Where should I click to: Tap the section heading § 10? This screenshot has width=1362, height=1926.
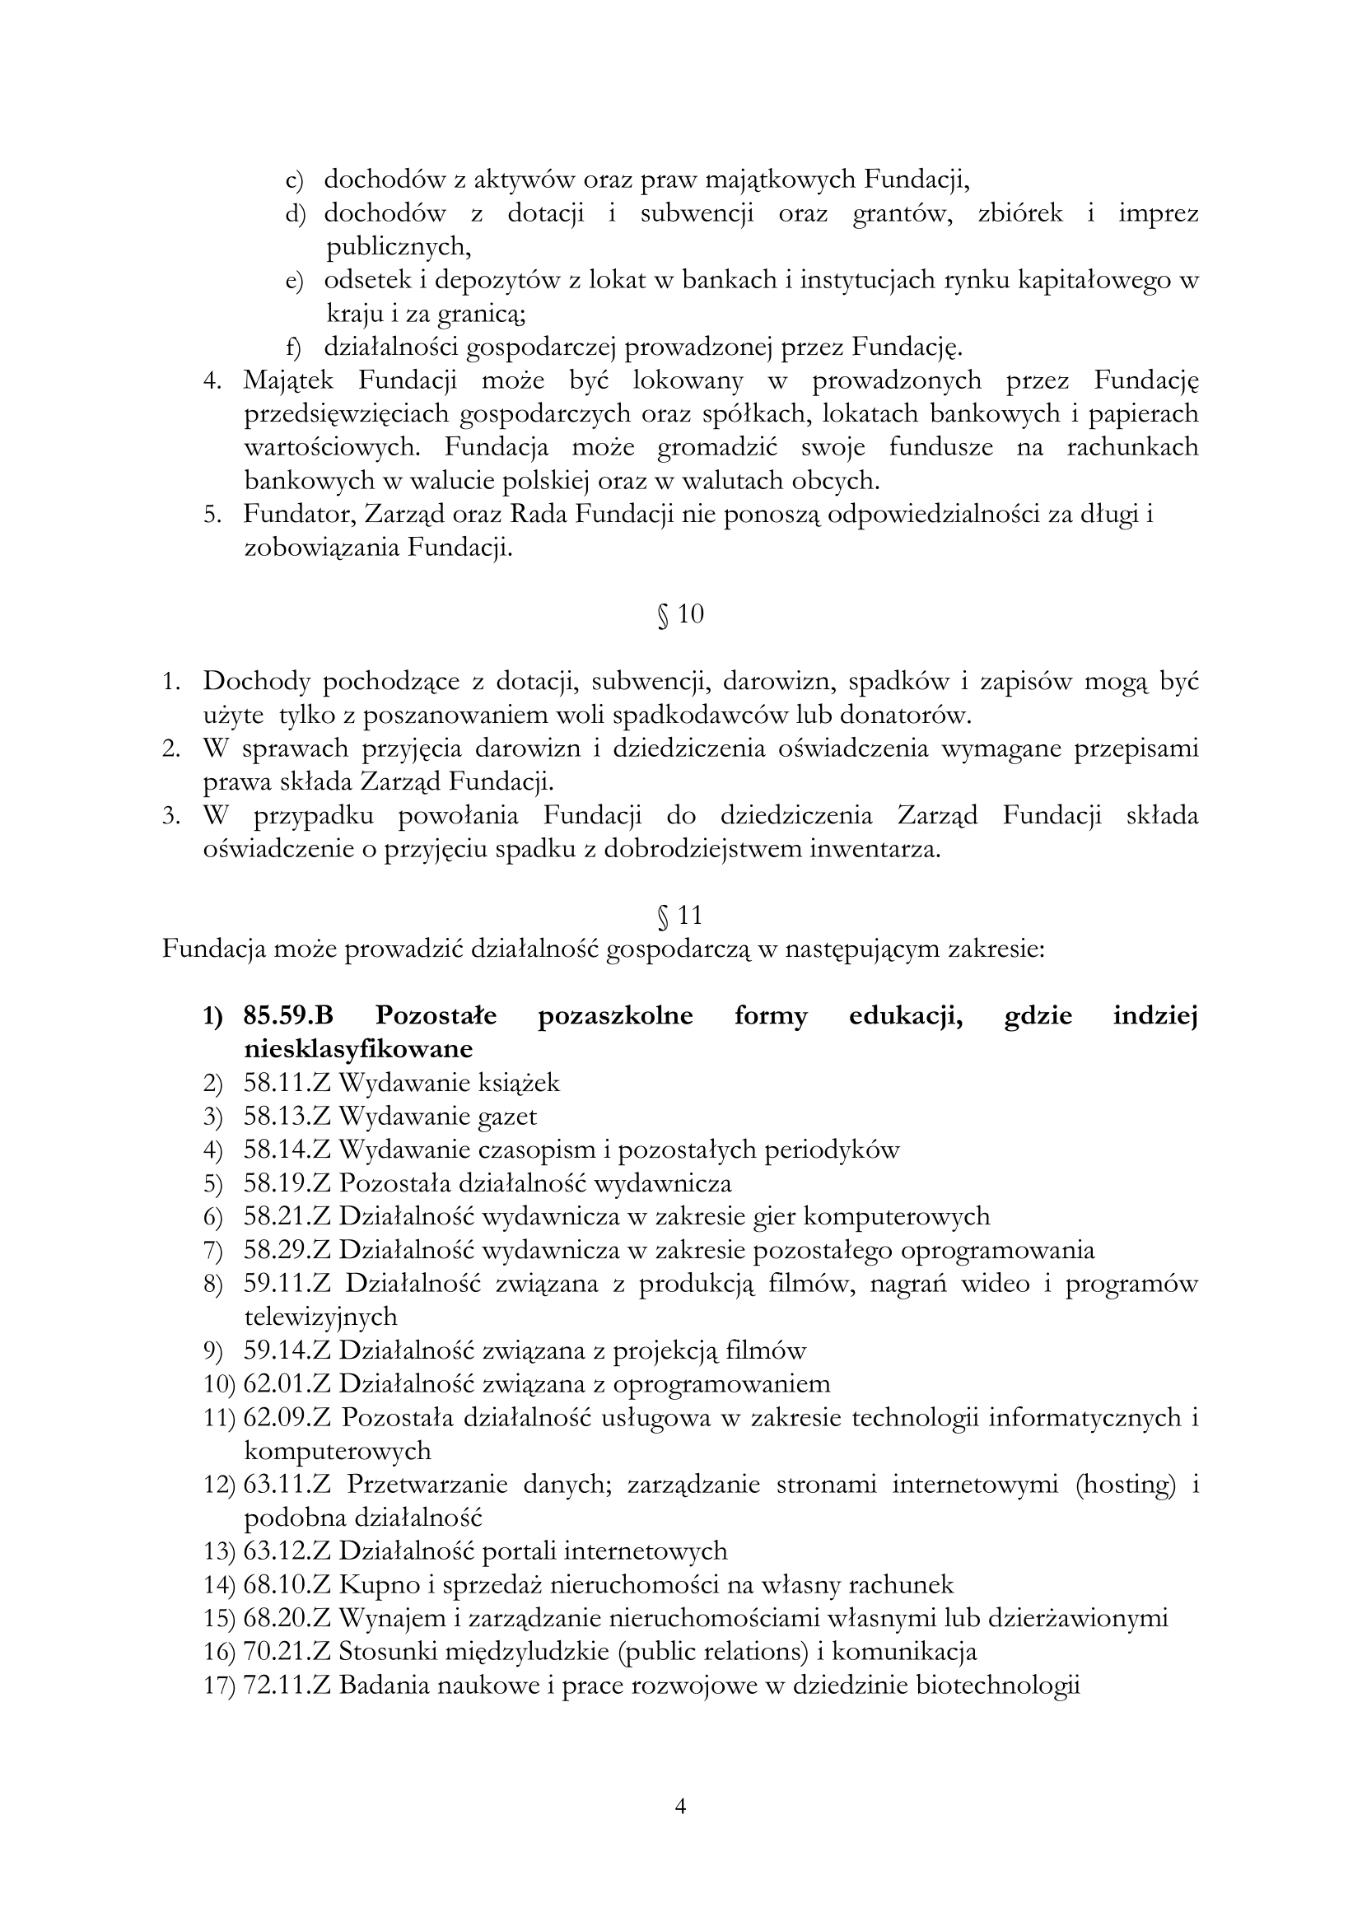coord(680,615)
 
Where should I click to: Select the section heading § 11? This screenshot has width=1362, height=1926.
coord(680,915)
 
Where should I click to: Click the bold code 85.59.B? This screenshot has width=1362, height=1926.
coord(288,1016)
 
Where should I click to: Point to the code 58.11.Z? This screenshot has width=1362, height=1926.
coord(288,1083)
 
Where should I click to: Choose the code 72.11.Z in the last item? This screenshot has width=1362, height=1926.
coord(288,1686)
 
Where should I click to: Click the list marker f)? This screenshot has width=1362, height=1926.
coord(293,347)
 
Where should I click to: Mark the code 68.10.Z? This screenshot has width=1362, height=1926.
coord(288,1584)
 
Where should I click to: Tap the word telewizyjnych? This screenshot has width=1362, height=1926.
coord(320,1317)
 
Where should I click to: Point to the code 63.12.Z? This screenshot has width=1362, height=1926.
coord(288,1551)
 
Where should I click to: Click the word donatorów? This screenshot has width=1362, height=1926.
coord(905,716)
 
